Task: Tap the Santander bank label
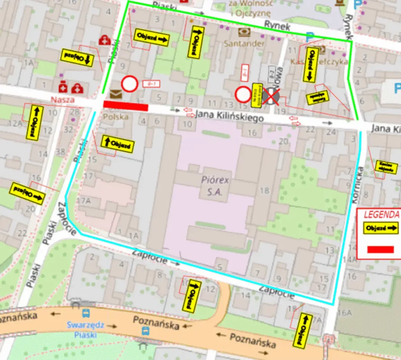coord(244,43)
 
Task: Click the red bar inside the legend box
coord(380,249)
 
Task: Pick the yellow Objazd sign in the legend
coord(380,228)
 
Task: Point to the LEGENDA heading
coord(381,214)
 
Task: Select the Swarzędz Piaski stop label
coord(85,330)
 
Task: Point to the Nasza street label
coord(62,100)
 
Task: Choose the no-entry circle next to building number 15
coord(243,94)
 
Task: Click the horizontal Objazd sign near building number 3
coord(152,36)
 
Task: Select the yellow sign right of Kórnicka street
coord(386,167)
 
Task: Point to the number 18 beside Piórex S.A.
coord(264,191)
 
